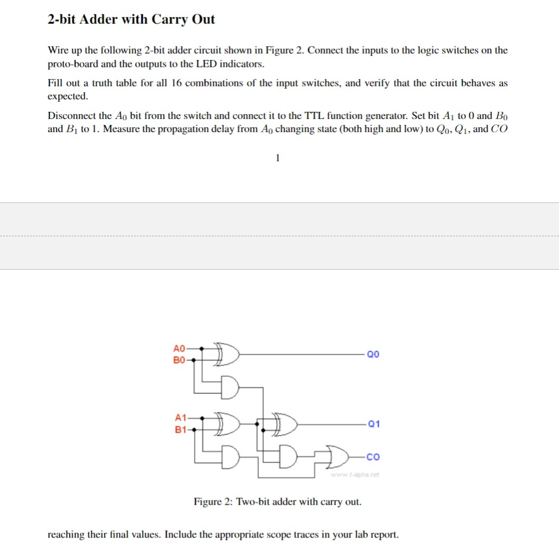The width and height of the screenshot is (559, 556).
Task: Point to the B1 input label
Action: pos(180,429)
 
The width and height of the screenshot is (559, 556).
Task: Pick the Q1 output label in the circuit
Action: pos(374,424)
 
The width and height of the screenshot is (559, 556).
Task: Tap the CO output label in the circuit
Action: pos(373,457)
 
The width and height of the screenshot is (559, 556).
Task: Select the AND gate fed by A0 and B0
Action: pos(230,386)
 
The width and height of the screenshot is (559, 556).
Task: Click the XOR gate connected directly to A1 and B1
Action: pos(229,423)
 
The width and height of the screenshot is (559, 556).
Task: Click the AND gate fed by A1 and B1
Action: pos(230,456)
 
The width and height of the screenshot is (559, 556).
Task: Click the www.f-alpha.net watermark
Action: pos(355,474)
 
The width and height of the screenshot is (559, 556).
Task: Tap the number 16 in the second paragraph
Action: pos(177,83)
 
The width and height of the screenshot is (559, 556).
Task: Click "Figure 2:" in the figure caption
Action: pos(213,501)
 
